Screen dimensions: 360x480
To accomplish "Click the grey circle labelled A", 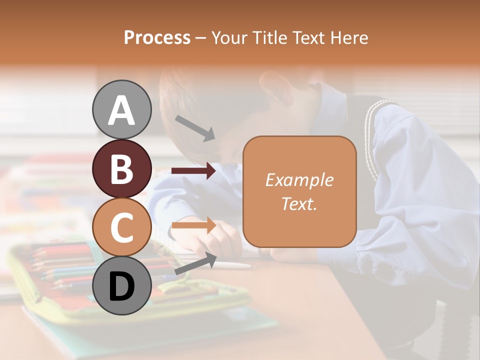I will tap(121, 109).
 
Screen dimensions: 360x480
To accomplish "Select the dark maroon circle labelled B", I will tap(121, 168).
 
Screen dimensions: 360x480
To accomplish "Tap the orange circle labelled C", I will tap(121, 227).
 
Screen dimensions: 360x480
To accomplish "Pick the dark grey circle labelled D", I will tap(121, 285).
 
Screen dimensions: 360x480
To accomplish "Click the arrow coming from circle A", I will tap(195, 127).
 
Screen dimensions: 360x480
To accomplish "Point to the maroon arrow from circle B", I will tap(193, 171).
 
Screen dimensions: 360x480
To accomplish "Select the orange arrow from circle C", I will tap(193, 226).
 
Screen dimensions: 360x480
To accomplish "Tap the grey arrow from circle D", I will tap(195, 264).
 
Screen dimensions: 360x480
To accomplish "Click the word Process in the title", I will tap(157, 38).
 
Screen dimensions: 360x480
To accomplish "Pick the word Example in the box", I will tap(299, 180).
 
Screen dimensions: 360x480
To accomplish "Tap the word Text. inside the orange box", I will tap(299, 203).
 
